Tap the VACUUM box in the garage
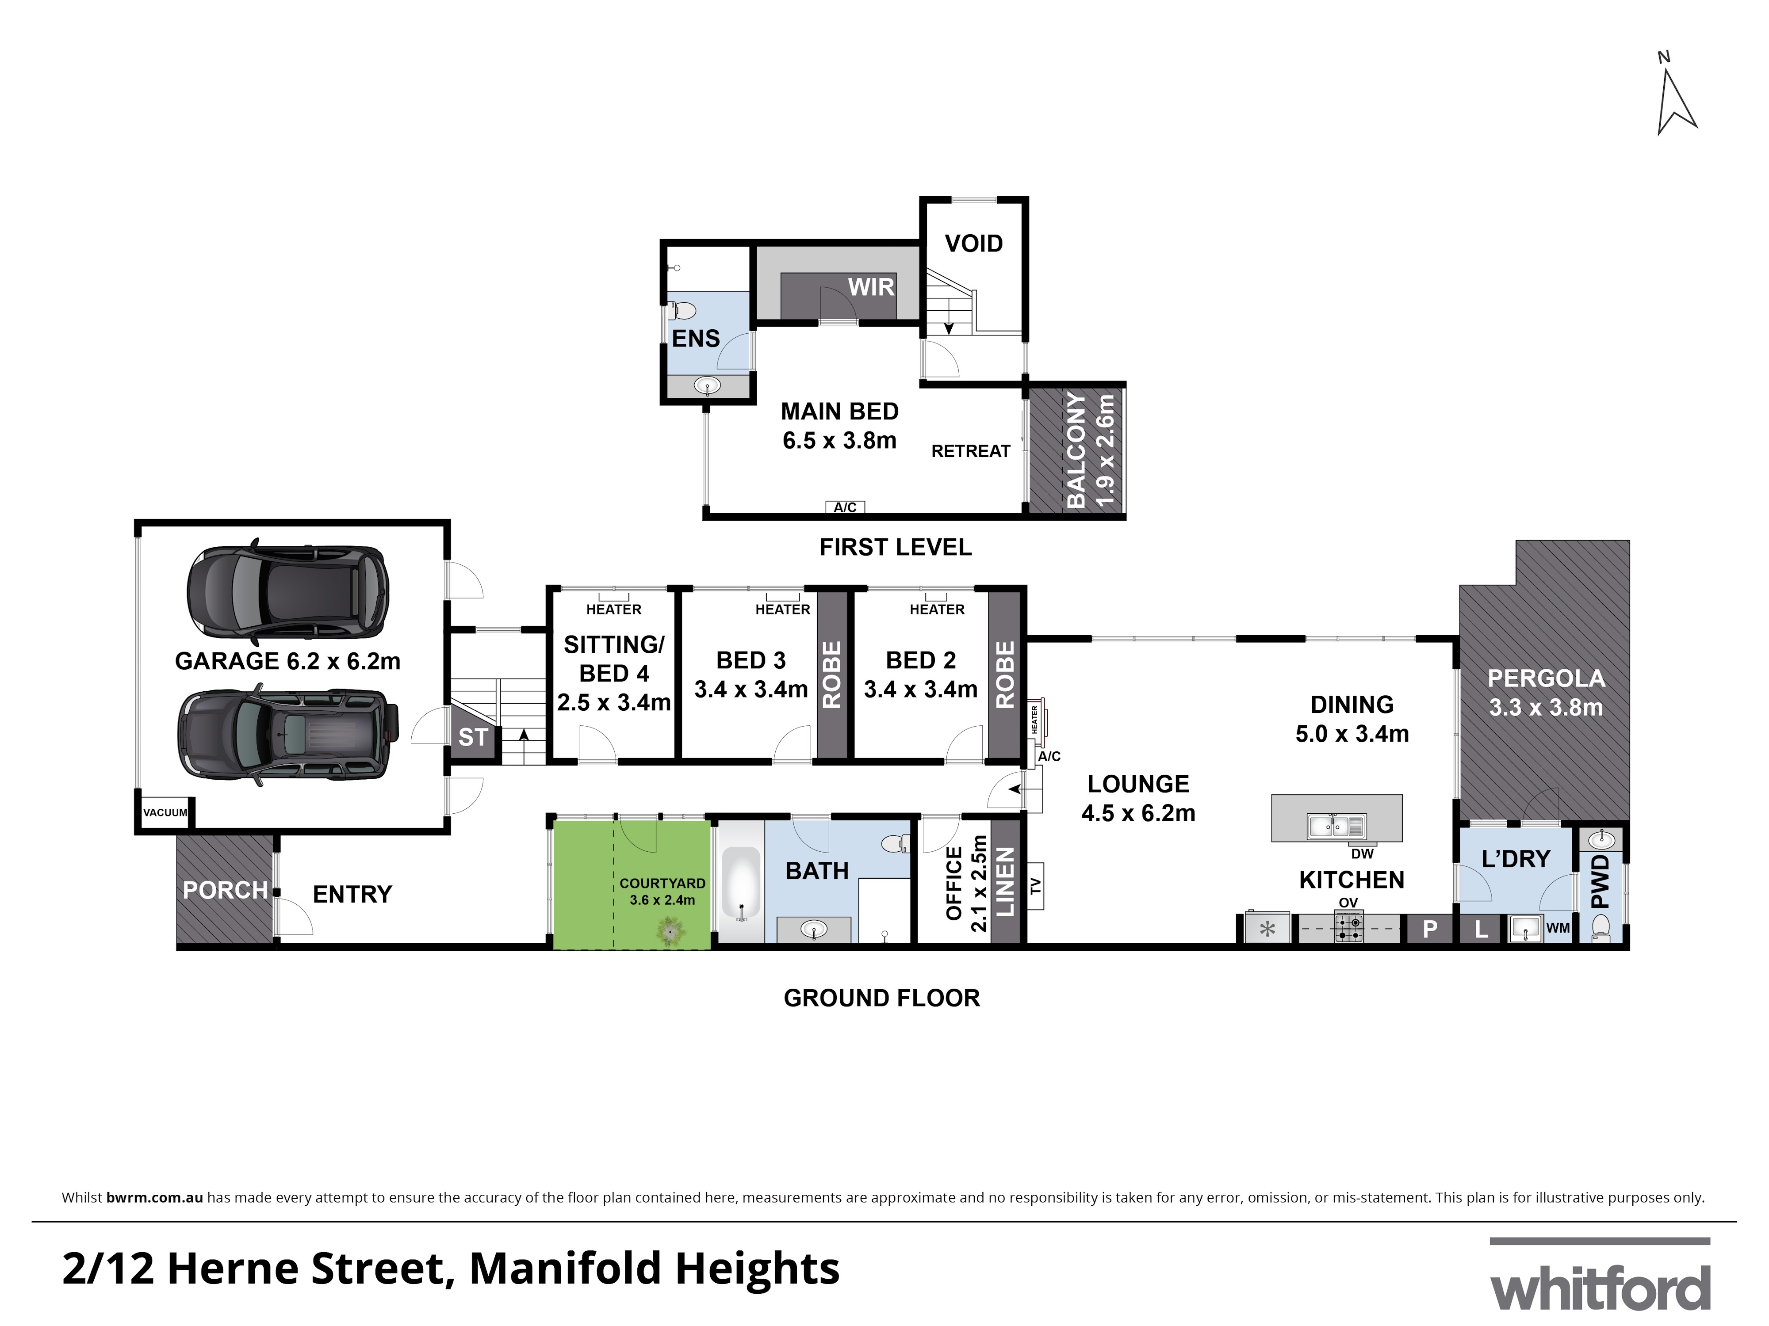[165, 812]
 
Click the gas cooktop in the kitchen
[1349, 928]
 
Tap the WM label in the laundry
[1558, 928]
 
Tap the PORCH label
[225, 890]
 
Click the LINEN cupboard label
[1004, 882]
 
